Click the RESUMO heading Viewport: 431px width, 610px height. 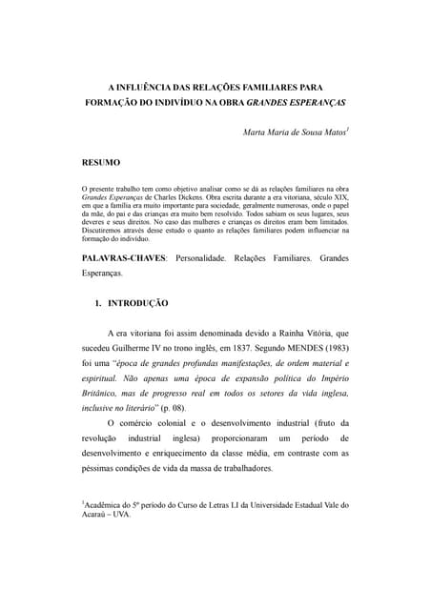click(x=101, y=163)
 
